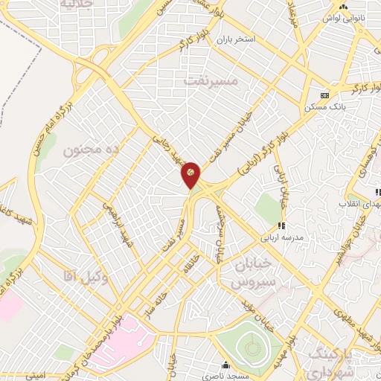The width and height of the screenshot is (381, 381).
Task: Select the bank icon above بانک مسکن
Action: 324,95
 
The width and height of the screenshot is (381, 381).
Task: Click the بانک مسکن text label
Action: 321,108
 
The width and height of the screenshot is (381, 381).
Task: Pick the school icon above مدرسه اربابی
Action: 281,226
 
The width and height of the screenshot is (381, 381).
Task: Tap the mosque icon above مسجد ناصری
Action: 226,365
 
